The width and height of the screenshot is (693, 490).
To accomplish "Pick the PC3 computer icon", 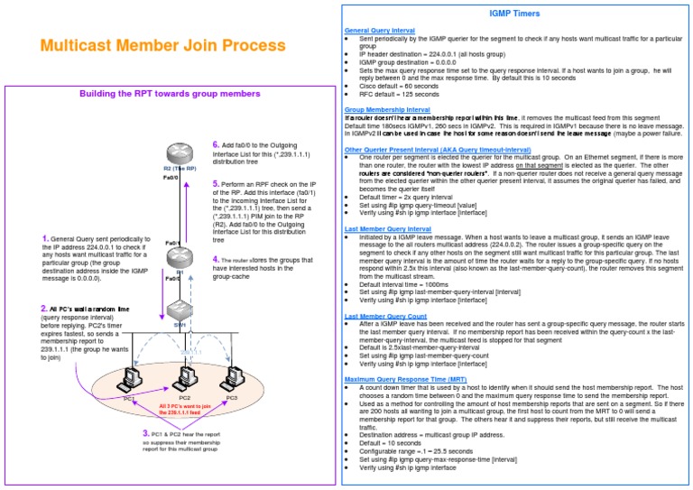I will pos(233,377).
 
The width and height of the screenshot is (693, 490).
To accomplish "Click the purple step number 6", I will pos(215,144).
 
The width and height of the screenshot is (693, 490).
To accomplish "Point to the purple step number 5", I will pos(215,183).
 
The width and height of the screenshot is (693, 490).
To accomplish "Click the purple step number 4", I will pos(215,259).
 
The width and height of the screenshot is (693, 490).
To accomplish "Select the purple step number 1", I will pos(44,238).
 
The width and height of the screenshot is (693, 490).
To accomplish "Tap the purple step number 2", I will pos(43,308).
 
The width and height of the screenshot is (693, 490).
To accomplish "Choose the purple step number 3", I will pos(146,433).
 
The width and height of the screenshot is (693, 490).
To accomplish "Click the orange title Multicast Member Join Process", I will pos(162,45).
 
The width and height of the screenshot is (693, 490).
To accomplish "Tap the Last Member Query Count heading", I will pos(386,316).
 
